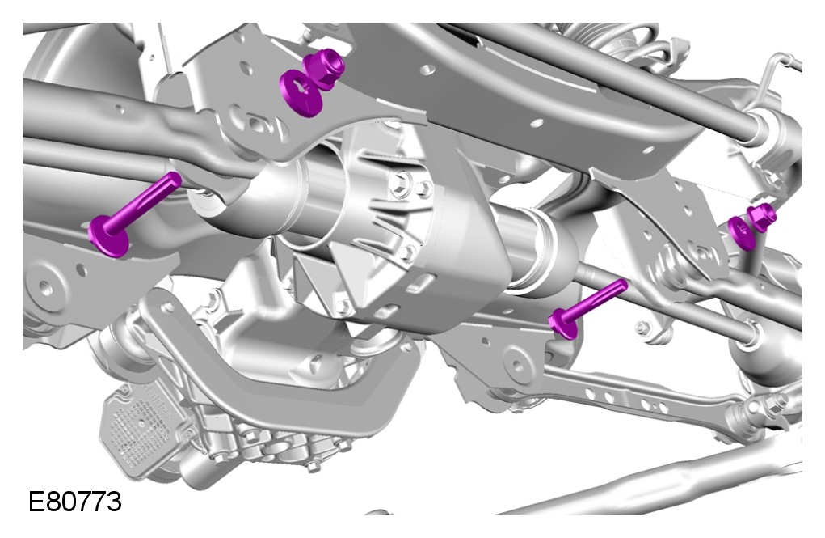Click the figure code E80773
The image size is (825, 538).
[74, 501]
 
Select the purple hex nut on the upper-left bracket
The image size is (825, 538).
[328, 65]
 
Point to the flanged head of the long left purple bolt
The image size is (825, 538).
[108, 236]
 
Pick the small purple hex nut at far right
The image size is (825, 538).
[761, 217]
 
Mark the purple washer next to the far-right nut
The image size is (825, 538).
[742, 233]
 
